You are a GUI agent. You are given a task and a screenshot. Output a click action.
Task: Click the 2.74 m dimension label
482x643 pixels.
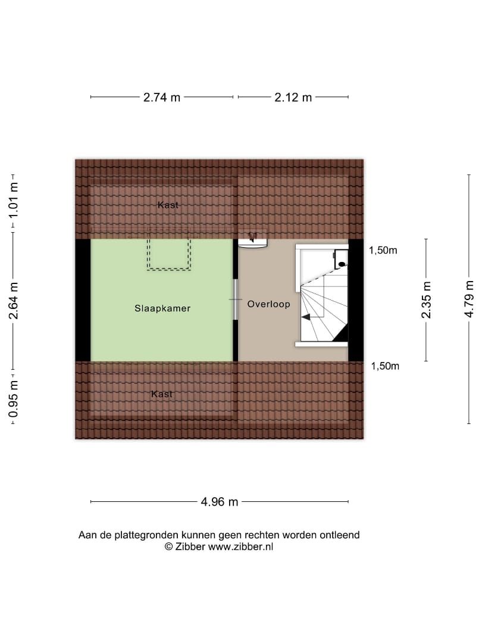coord(161,97)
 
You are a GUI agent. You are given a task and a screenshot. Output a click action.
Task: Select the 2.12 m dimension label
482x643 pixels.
coord(293,97)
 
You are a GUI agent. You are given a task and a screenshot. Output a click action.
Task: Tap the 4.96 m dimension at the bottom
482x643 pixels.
coord(219,501)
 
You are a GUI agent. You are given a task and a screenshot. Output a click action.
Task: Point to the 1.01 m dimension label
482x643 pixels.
coord(14,201)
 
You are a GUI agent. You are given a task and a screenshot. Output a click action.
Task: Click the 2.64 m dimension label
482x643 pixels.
coord(14,301)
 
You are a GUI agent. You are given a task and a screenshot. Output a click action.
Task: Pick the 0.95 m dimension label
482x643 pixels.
coord(14,399)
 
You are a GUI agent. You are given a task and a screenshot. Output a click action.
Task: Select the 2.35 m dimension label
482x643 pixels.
coord(426,299)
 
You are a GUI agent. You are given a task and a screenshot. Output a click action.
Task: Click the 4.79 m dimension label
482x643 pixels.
coord(469,299)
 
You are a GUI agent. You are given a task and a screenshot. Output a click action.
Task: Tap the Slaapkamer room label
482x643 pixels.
coord(162,308)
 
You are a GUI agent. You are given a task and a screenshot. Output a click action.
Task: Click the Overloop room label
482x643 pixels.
coord(268,304)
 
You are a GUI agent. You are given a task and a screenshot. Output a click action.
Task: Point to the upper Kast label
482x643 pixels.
coord(168,205)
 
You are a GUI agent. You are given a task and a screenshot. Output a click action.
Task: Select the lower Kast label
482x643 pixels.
coord(162,394)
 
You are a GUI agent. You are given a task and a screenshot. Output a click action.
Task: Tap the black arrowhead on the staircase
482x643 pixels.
coord(306,317)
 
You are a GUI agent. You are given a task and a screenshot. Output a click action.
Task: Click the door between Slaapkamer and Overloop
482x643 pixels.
coord(236,299)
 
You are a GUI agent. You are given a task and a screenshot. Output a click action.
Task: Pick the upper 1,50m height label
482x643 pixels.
coord(383,250)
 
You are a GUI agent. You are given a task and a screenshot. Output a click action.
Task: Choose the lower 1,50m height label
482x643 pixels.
coord(385,366)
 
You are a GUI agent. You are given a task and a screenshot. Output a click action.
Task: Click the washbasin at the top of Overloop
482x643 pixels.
coord(252,239)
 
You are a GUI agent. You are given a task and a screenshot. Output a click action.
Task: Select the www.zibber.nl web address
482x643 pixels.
coord(240,547)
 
